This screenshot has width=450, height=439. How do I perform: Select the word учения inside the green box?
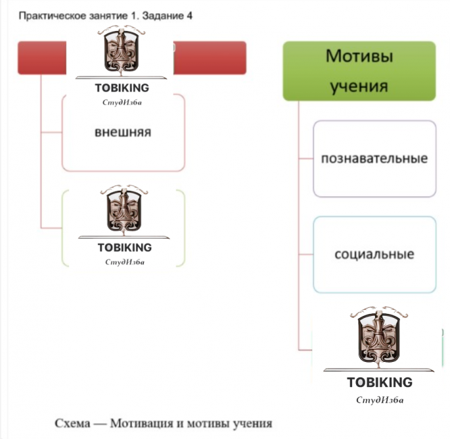(x=359, y=86)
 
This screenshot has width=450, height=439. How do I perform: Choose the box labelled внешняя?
(x=123, y=133)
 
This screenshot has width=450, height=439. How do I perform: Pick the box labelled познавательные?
(x=374, y=159)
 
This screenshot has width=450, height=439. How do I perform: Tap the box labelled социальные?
(x=374, y=255)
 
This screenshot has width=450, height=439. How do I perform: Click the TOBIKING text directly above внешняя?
(x=122, y=88)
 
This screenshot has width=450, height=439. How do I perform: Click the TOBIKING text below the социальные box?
(x=380, y=383)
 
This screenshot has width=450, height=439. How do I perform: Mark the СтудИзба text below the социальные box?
(x=380, y=400)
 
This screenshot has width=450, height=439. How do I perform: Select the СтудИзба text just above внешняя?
(x=122, y=102)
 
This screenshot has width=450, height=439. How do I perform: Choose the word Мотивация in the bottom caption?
(x=139, y=424)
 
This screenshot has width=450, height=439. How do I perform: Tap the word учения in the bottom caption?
(x=249, y=424)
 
